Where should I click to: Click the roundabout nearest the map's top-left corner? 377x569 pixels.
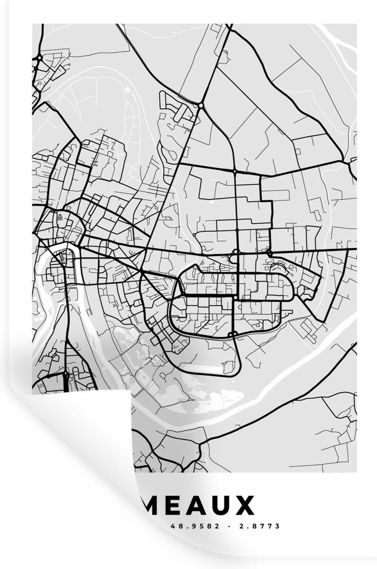(x=38, y=58)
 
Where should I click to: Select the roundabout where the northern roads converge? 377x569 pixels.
(x=201, y=105)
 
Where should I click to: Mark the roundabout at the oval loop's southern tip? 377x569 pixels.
(x=232, y=335)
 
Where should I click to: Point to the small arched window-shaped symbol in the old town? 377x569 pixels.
(x=60, y=217)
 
